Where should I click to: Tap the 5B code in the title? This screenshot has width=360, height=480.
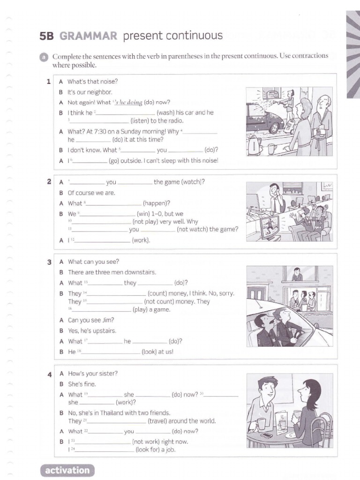click(x=48, y=36)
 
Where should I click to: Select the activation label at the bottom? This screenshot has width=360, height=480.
click(x=67, y=470)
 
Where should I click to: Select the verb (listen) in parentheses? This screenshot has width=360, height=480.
click(x=142, y=120)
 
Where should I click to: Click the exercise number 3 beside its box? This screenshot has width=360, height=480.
click(x=49, y=262)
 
